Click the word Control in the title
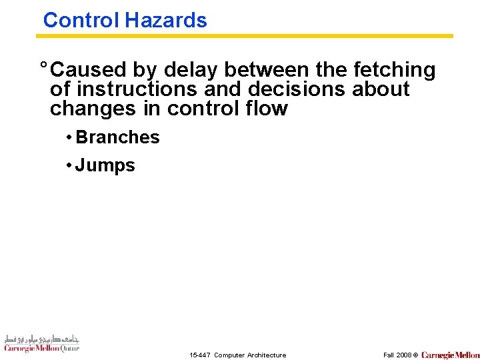click(81, 20)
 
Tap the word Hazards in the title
click(165, 20)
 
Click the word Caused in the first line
click(89, 69)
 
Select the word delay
click(189, 69)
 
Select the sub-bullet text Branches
click(118, 137)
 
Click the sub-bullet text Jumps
click(105, 165)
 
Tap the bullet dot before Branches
click(69, 137)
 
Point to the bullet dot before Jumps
click(69, 165)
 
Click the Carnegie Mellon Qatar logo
click(41, 343)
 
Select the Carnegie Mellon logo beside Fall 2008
click(450, 355)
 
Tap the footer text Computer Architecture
click(250, 355)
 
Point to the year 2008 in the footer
click(403, 355)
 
